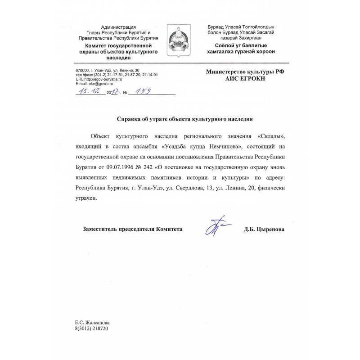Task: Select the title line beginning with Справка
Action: point(185,119)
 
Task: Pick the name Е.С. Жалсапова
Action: point(92,323)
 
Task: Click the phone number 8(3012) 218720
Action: point(92,328)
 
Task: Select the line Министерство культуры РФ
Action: point(245,71)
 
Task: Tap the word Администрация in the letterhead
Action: point(118,28)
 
